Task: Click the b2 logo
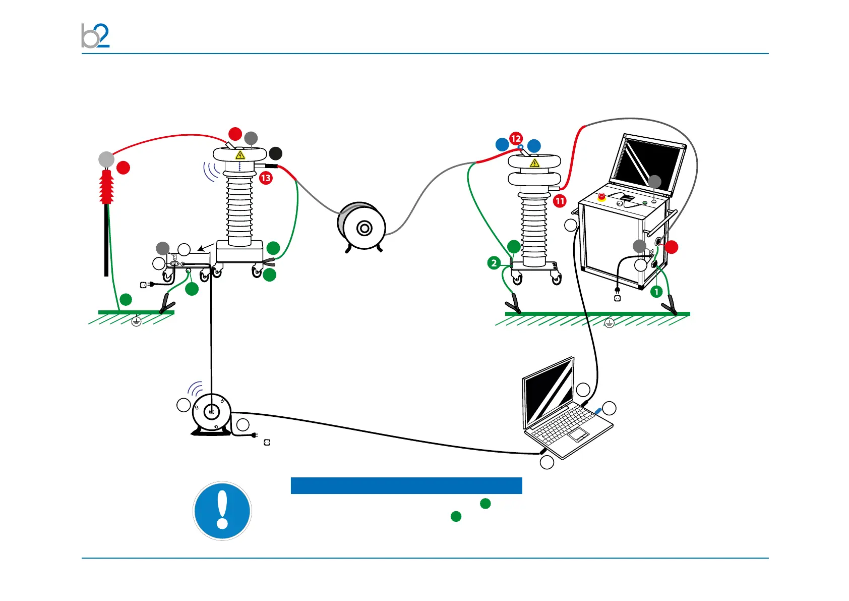[x=95, y=35]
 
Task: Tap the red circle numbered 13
[x=266, y=178]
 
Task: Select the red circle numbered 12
[x=516, y=138]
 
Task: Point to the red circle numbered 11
[x=560, y=201]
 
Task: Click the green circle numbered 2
[x=494, y=262]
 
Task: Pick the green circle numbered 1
[x=656, y=291]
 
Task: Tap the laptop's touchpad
[x=579, y=433]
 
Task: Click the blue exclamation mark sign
[x=222, y=510]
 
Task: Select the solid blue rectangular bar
[x=406, y=485]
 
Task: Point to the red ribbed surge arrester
[x=106, y=187]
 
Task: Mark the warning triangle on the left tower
[x=240, y=155]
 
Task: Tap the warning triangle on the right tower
[x=534, y=163]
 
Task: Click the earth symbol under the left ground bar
[x=136, y=321]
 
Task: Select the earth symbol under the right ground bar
[x=609, y=322]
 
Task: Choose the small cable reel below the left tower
[x=211, y=413]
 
